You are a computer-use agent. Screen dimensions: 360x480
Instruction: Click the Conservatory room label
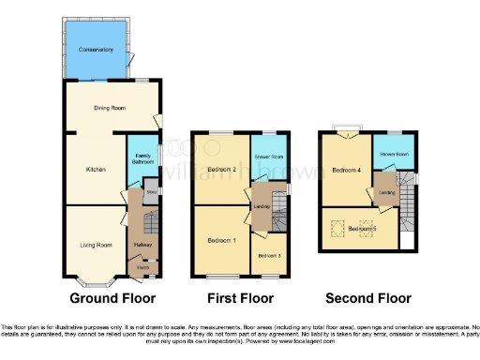click(96, 50)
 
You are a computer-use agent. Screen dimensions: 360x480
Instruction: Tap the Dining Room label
click(110, 108)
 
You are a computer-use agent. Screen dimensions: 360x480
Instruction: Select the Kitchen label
click(95, 169)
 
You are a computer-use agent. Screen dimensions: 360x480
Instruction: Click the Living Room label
click(96, 245)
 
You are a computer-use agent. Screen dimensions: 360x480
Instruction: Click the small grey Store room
click(151, 192)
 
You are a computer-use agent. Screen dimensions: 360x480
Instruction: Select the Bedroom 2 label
click(219, 169)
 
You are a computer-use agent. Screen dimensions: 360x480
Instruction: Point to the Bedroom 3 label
click(268, 256)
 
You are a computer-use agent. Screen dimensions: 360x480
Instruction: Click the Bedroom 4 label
click(345, 170)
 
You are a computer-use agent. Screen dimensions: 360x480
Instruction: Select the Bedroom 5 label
click(361, 229)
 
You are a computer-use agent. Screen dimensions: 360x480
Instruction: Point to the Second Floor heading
click(367, 300)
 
